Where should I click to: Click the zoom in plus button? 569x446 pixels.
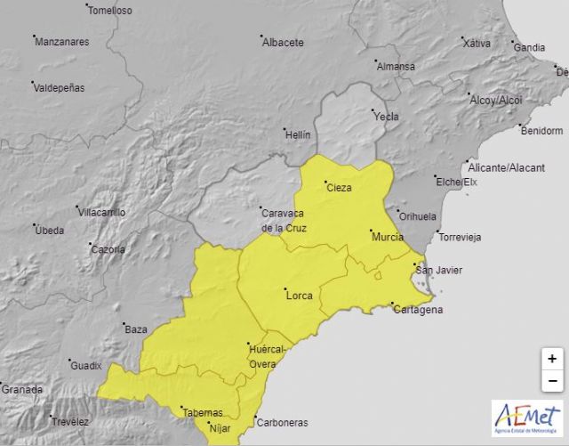pos(552,359)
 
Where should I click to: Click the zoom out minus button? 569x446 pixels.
pos(552,381)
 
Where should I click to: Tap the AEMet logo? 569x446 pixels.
pos(527,418)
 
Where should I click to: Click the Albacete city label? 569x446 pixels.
pos(284,42)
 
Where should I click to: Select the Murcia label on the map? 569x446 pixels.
pos(388,237)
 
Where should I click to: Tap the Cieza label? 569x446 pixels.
pos(339,188)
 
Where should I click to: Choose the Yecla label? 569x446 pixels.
pos(387,117)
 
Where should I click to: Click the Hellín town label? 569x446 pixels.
pos(298,134)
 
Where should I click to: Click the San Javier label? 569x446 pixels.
pos(440,270)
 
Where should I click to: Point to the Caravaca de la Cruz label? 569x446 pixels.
pos(283,219)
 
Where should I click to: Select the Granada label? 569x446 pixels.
pos(22,389)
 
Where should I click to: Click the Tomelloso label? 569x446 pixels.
pos(111,11)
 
